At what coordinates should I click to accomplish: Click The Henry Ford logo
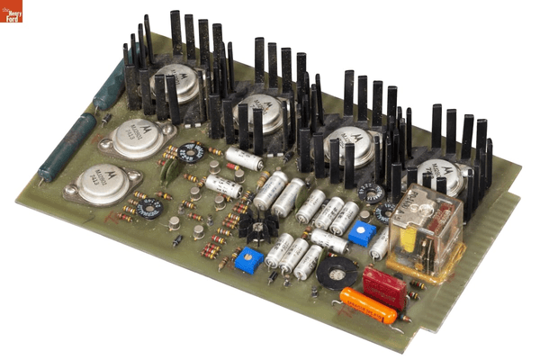pyautogui.click(x=12, y=12)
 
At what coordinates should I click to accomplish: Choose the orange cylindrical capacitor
pyautogui.click(x=369, y=306)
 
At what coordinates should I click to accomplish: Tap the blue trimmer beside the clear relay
pyautogui.click(x=361, y=235)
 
